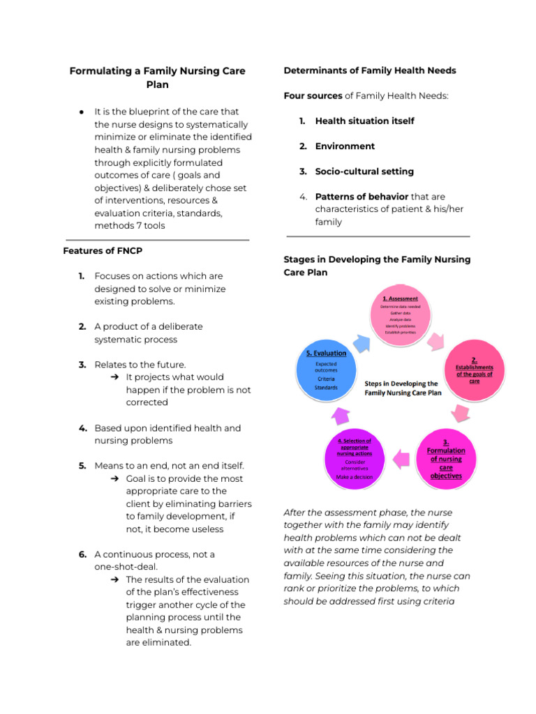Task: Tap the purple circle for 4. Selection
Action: click(x=355, y=458)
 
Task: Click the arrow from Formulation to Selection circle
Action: click(x=401, y=458)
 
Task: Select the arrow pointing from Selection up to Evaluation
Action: click(x=340, y=416)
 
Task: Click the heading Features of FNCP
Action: click(x=103, y=251)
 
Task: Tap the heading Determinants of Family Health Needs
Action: click(x=370, y=70)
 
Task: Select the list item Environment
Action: click(x=345, y=146)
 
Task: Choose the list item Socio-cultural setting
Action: click(x=364, y=172)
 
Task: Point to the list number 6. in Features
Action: click(x=82, y=554)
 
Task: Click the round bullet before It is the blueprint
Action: click(x=82, y=112)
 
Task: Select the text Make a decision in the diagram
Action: click(x=355, y=478)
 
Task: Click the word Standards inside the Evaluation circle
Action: click(x=326, y=388)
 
